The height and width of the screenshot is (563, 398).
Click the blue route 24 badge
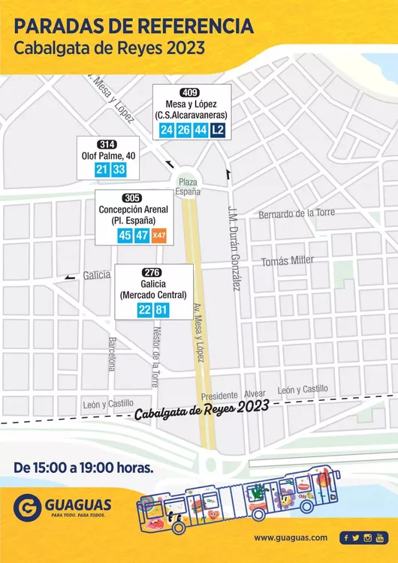click(167, 130)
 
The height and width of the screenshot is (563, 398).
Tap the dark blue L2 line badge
click(218, 130)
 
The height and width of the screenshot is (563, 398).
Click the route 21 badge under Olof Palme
click(102, 170)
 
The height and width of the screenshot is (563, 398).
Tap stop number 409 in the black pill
click(191, 92)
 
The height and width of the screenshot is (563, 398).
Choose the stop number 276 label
click(152, 272)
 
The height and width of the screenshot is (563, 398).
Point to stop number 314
click(107, 144)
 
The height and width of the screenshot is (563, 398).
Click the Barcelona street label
click(112, 353)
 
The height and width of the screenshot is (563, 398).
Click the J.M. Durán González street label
click(234, 248)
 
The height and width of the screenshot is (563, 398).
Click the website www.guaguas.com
click(291, 537)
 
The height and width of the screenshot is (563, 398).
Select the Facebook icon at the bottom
click(345, 537)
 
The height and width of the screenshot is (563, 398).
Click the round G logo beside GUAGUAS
click(27, 507)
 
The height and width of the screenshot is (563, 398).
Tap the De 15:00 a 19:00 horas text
click(83, 468)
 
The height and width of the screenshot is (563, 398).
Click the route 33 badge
click(119, 170)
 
